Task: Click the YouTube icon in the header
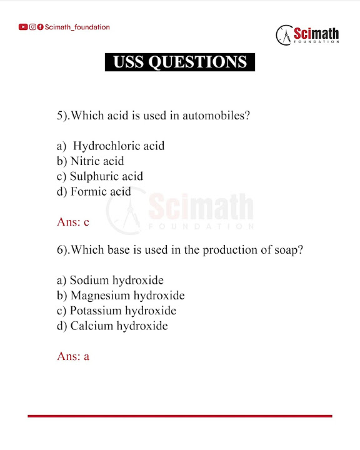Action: coord(23,27)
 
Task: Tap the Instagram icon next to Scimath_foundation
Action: coord(32,27)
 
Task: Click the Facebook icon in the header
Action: coord(40,27)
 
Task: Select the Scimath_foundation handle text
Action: coord(77,27)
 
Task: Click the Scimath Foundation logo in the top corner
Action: coord(307,34)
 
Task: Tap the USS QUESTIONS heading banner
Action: coord(180,62)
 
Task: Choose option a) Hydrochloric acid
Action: coord(111,146)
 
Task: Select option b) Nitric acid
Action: coord(91,161)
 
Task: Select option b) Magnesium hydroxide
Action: coord(121,296)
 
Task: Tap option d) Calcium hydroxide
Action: coord(112,326)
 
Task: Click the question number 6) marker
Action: coord(62,250)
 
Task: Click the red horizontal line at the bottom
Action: coord(180,416)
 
